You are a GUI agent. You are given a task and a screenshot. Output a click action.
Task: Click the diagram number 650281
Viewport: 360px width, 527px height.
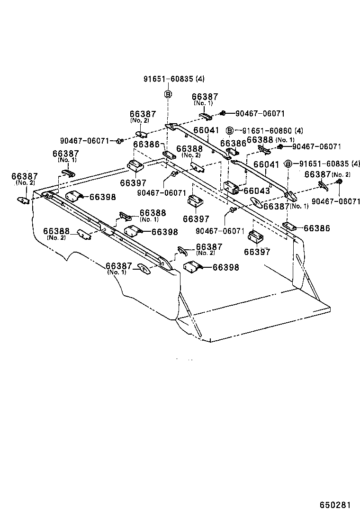(334, 505)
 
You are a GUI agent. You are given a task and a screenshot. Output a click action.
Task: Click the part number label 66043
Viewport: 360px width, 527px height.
(256, 191)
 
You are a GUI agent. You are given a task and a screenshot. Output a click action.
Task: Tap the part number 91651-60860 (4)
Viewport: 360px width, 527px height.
(272, 131)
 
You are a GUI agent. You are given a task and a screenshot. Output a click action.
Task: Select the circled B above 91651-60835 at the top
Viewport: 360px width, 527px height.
(168, 94)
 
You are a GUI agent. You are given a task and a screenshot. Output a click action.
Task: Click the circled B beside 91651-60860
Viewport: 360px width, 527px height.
(229, 130)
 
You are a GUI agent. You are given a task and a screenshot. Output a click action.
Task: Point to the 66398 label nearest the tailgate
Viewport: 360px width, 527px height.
(225, 268)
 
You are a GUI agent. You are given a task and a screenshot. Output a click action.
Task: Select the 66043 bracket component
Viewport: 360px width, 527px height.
(232, 188)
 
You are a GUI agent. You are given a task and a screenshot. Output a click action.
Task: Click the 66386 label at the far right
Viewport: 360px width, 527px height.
(317, 228)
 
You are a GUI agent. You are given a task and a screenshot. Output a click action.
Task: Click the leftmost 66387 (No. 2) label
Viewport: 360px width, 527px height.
(24, 179)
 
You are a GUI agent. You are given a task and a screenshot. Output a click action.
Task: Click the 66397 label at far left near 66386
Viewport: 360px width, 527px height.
(133, 183)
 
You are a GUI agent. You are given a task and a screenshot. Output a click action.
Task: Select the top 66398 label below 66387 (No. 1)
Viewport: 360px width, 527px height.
(103, 197)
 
